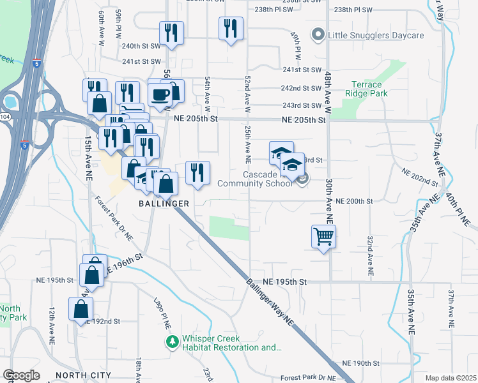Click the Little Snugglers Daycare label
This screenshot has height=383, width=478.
tap(376, 35)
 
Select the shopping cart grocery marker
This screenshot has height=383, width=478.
tap(324, 236)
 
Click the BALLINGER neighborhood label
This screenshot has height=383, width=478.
tap(164, 203)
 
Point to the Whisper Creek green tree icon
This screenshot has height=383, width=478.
tap(171, 342)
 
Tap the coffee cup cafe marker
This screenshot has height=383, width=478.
tap(160, 94)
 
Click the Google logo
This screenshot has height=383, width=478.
tap(21, 375)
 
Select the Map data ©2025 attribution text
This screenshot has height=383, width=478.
tap(451, 378)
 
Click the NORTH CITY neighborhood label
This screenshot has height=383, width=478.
tap(83, 375)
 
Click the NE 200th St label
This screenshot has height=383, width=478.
tap(353, 201)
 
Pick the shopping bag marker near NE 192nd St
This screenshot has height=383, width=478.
tap(81, 309)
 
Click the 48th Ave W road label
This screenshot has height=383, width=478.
tap(328, 89)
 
